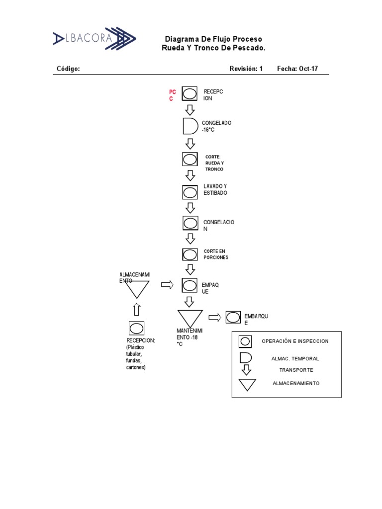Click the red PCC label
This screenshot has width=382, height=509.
(x=172, y=95)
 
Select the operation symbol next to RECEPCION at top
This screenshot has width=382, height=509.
(x=190, y=94)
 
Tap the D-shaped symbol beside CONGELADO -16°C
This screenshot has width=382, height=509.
(x=190, y=126)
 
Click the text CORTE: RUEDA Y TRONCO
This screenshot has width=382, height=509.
(x=214, y=163)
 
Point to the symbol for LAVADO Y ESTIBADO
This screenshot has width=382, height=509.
(x=190, y=192)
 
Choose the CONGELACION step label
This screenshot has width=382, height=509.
(x=218, y=226)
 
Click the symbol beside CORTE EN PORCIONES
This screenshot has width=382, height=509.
(x=190, y=254)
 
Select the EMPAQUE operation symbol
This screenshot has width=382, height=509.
(x=190, y=285)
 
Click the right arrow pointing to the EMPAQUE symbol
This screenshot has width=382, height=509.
(x=168, y=285)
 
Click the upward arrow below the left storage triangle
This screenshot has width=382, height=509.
(x=137, y=309)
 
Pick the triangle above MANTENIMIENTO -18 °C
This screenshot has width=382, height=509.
(x=190, y=318)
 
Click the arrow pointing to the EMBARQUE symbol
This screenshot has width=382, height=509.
(x=214, y=318)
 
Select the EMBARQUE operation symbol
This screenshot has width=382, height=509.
(x=233, y=317)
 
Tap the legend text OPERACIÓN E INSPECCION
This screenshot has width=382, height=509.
(x=295, y=341)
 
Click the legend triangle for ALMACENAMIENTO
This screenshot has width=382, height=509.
(x=247, y=385)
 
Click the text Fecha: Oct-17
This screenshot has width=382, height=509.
(x=297, y=69)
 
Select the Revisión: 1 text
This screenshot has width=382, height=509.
(x=246, y=69)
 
